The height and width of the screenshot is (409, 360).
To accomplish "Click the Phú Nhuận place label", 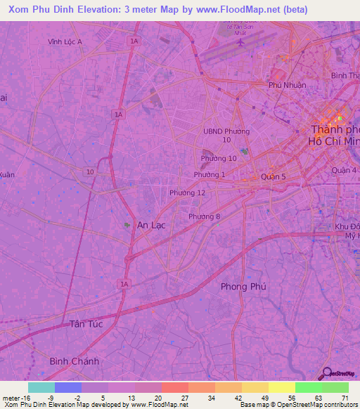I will click(285, 85).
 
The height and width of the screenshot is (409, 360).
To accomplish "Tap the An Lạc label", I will click(151, 225).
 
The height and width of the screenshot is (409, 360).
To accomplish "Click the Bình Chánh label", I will click(75, 361).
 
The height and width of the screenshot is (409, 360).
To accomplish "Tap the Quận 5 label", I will click(273, 177).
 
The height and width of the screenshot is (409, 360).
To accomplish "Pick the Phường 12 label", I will click(187, 193).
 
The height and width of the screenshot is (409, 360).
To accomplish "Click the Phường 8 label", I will click(205, 216).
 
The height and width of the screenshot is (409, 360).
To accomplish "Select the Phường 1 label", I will click(210, 174).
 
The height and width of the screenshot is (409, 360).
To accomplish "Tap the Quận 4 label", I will click(345, 171).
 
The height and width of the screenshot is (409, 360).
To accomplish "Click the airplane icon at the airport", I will click(241, 42).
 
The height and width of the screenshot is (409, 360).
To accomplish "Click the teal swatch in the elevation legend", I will click(41, 387).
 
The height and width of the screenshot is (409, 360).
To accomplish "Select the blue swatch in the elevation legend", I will click(68, 387).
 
